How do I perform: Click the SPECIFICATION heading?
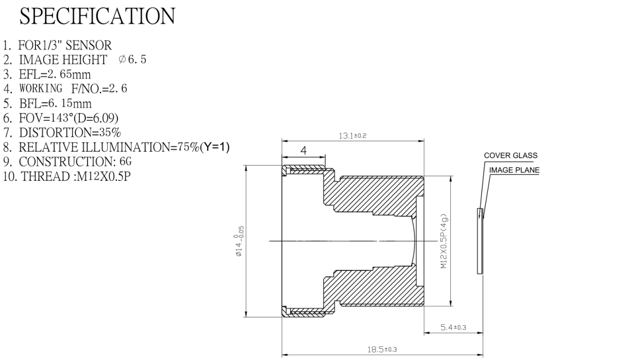(97, 16)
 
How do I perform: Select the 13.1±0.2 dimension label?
(352, 135)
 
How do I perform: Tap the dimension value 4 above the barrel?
(303, 150)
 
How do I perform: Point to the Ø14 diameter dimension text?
(239, 241)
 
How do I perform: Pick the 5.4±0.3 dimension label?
(454, 327)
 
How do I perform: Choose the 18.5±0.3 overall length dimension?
(382, 349)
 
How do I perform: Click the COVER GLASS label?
(511, 155)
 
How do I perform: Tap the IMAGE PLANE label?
(514, 170)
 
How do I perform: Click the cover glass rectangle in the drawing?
(480, 241)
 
